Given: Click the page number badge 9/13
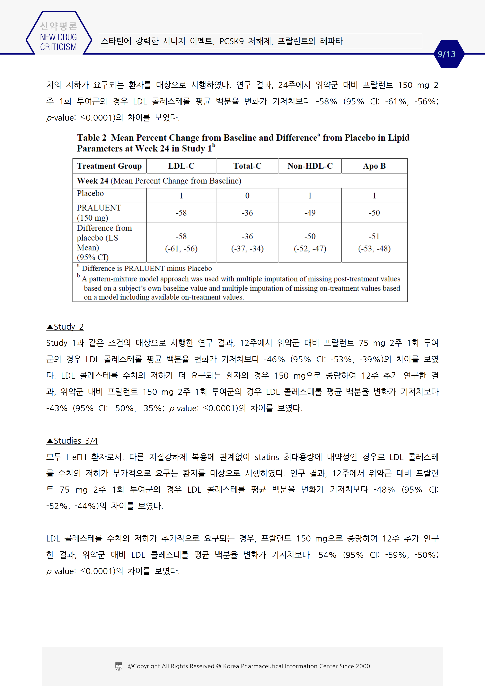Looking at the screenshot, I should (446, 54).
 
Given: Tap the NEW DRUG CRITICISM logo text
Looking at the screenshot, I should (58, 42).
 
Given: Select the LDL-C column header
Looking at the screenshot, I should (181, 166).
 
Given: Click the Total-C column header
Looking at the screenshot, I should (247, 166).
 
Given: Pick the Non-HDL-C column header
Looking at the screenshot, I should (310, 166).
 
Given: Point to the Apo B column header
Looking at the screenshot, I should (374, 166).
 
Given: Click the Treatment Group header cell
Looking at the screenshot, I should (109, 166).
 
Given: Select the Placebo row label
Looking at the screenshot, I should (90, 194).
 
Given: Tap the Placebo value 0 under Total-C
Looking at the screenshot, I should (247, 196).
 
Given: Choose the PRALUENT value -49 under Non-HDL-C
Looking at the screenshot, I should (310, 213).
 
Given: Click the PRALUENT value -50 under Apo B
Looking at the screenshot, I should (374, 213).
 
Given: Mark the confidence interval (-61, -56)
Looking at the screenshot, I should (181, 249).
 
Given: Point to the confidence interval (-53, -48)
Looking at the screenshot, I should (374, 249).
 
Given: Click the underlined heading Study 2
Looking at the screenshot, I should (65, 327).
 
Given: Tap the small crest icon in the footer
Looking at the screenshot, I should (119, 666).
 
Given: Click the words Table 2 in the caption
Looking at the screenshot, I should (92, 138).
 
